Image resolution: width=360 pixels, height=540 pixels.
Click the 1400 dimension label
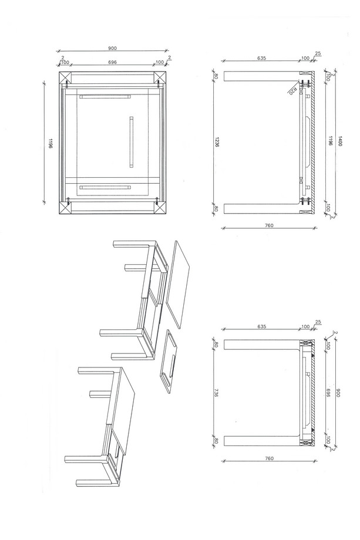[x=339, y=141]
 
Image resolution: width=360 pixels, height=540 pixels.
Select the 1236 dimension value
[x=217, y=142]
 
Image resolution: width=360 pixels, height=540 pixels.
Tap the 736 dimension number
[x=216, y=393]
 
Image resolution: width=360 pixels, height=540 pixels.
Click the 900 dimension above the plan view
[x=112, y=48]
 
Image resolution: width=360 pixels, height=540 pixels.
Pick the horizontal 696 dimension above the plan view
[x=112, y=62]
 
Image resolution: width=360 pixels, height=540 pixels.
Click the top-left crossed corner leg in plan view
[x=65, y=78]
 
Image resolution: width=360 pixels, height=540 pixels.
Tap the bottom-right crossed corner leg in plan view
[x=160, y=208]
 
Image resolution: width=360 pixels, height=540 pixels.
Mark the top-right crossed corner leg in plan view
[x=160, y=78]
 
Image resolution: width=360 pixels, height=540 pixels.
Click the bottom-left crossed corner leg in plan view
[x=65, y=208]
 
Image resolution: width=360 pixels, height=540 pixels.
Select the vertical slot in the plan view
[x=131, y=142]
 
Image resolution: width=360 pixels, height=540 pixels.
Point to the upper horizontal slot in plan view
[x=105, y=96]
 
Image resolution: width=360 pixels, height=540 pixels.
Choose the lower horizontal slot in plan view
[x=105, y=188]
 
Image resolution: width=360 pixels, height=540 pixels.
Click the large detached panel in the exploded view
[x=178, y=284]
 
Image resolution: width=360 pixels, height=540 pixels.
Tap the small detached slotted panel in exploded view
[x=170, y=361]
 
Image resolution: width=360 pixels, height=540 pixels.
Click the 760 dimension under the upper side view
[x=269, y=225]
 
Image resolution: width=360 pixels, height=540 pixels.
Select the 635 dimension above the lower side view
[x=261, y=326]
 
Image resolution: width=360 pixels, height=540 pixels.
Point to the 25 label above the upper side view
[x=318, y=53]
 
